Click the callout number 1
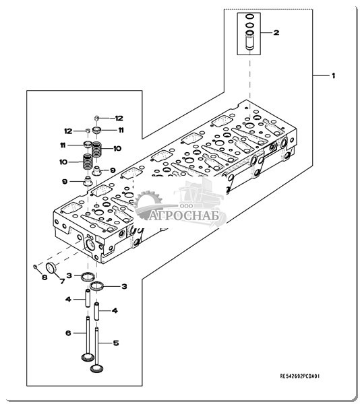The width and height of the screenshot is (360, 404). (334, 75)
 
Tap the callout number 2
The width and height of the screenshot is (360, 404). (276, 33)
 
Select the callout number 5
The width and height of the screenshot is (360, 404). (116, 343)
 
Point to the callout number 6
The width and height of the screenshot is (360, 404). (68, 333)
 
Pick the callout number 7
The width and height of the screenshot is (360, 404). (62, 281)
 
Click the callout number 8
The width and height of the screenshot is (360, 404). (44, 277)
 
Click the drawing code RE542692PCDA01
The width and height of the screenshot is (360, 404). (300, 376)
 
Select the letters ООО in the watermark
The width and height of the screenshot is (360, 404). (187, 206)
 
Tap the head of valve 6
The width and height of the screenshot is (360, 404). (88, 358)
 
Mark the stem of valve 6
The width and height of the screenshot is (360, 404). (88, 335)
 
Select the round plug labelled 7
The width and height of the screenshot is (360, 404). (51, 268)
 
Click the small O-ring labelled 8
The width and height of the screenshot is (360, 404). (35, 267)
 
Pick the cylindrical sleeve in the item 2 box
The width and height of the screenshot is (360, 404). (249, 40)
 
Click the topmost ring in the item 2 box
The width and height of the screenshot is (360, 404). (249, 16)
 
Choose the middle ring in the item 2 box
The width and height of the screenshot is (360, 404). (249, 26)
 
